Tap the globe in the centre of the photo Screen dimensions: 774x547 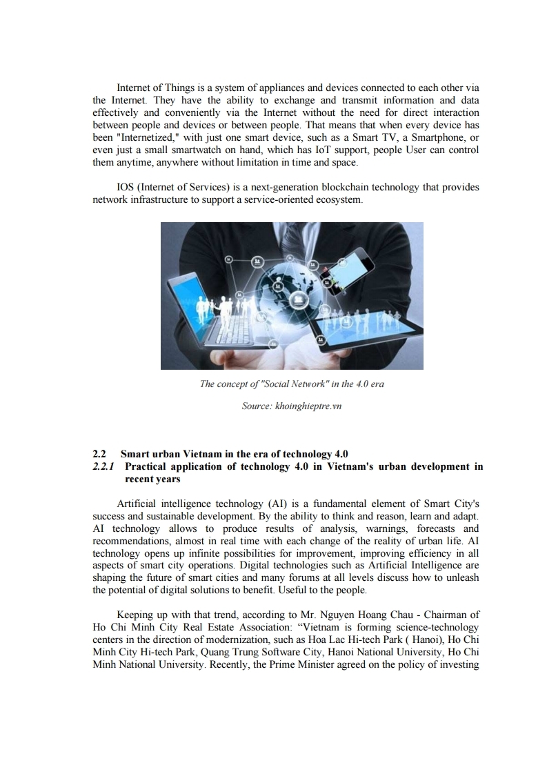290,290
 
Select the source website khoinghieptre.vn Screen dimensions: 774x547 308,406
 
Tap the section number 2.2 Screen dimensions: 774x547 99,454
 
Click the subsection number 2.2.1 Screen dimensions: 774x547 103,467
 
